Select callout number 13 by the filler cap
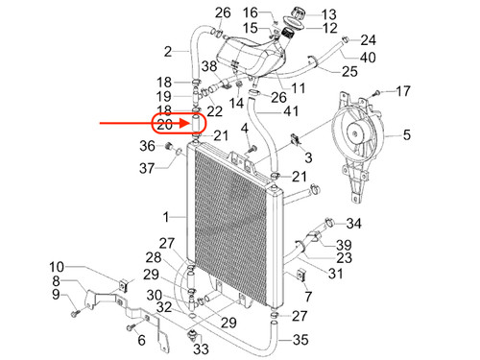328,14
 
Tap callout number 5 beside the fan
406,134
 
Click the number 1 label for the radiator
166,217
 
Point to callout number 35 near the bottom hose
300,340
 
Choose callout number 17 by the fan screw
403,91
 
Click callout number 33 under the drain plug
201,348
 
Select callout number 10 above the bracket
57,267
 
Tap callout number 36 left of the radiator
147,146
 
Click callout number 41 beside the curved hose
291,111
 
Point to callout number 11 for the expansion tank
298,87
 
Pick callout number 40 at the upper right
368,58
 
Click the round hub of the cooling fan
354,132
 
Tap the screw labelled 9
76,313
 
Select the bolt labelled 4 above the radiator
253,149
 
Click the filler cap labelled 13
298,14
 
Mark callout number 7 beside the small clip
308,297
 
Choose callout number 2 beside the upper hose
168,52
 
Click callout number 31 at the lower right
335,274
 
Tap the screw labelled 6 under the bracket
132,327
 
